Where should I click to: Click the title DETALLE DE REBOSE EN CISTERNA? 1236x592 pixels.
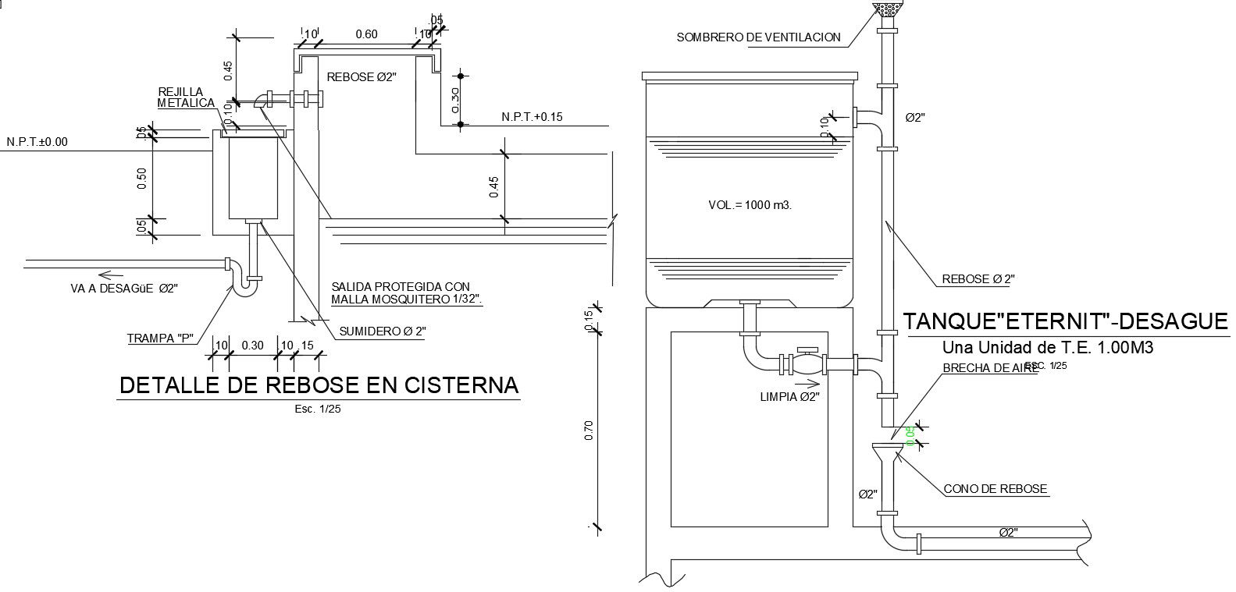[319, 385]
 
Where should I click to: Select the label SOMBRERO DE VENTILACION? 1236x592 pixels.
[758, 37]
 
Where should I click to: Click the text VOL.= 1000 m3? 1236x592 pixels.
[750, 205]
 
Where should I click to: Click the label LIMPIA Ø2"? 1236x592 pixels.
[789, 396]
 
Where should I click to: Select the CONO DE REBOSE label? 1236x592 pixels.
[995, 489]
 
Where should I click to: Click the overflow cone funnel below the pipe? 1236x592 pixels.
[887, 453]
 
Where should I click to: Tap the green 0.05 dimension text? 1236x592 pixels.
[910, 436]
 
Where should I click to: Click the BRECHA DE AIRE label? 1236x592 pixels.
[990, 368]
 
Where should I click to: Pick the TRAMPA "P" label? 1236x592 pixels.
[160, 339]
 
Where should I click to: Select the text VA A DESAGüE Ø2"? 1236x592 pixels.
[124, 289]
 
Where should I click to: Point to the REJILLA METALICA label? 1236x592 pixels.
[186, 97]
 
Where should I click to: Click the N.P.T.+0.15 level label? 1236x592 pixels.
[532, 117]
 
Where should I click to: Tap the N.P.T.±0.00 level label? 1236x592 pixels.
[37, 142]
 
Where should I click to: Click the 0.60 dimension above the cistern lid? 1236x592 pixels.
[366, 34]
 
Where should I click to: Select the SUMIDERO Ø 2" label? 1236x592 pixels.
[383, 331]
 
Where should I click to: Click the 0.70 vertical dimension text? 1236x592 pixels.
[590, 431]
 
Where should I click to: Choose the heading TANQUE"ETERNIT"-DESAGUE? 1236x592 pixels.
[1065, 321]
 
